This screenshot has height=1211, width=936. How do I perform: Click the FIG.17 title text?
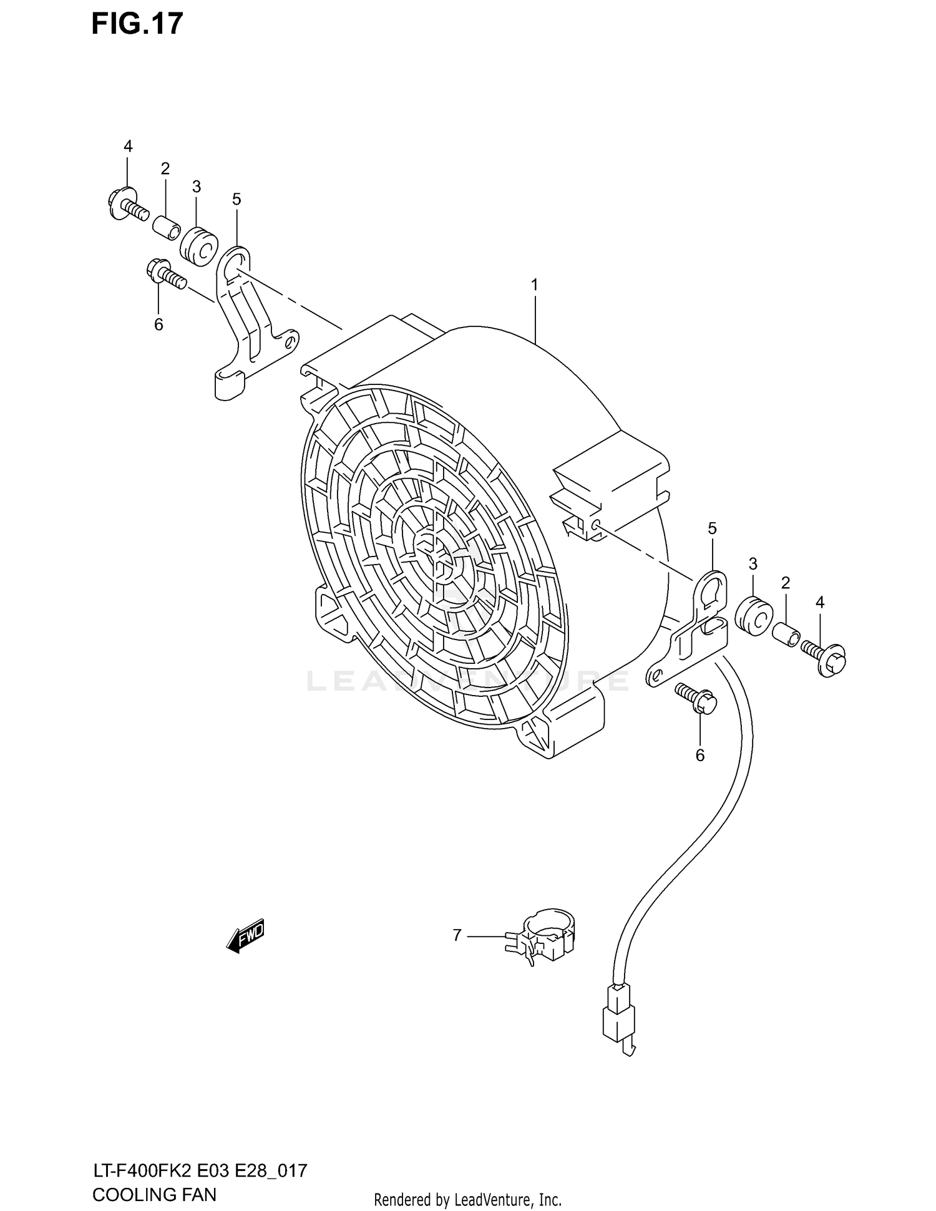point(137,24)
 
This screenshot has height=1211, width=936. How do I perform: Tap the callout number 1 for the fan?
point(534,285)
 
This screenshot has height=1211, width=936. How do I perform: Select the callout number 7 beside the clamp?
point(457,935)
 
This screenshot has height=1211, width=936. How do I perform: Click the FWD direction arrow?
point(246,936)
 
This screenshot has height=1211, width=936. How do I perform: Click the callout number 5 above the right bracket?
point(712,528)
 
